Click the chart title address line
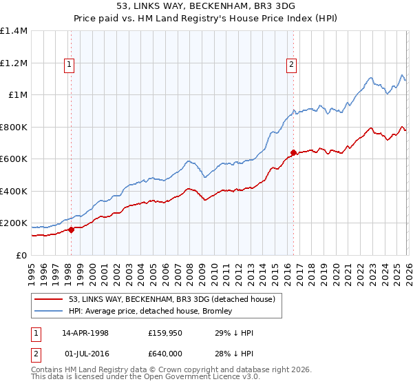point(206,6)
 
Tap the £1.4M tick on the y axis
point(13,31)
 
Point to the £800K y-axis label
point(13,127)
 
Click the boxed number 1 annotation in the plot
point(70,65)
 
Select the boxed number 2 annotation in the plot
point(291,65)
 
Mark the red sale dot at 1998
point(71,230)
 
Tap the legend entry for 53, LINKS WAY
point(172,299)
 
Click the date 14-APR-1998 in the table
point(85,333)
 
